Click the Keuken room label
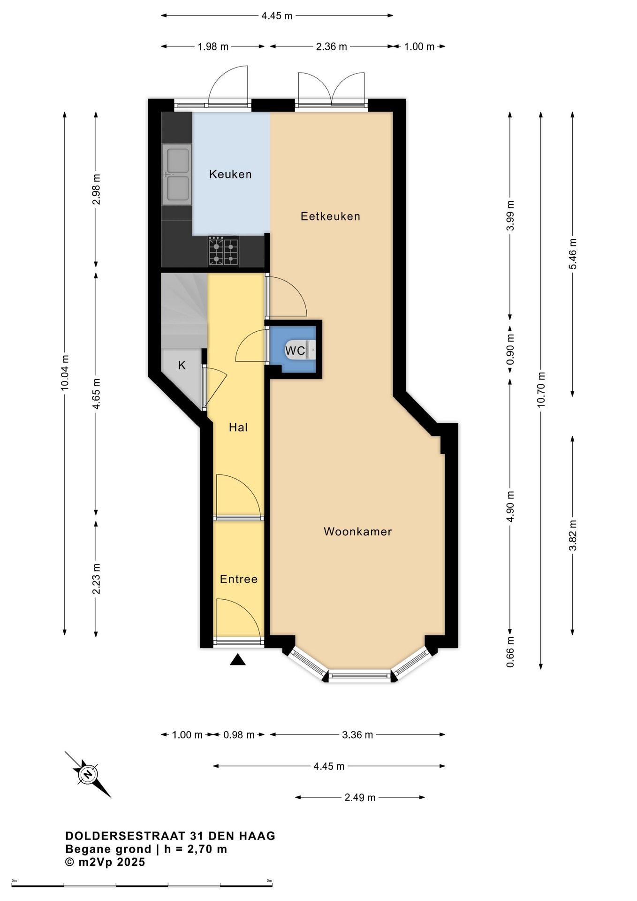click(230, 174)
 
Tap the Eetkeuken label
click(330, 216)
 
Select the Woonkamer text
click(357, 532)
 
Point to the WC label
click(295, 351)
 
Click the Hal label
click(238, 427)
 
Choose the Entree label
click(239, 579)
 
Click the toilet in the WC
click(303, 350)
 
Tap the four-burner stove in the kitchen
click(223, 251)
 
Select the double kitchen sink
click(177, 174)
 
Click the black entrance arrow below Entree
click(238, 660)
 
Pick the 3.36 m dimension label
click(357, 735)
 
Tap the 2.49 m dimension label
click(360, 797)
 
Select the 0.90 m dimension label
click(510, 349)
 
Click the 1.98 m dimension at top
click(213, 46)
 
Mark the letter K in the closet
click(182, 365)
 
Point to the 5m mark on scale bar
click(270, 881)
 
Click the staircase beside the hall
click(184, 311)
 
